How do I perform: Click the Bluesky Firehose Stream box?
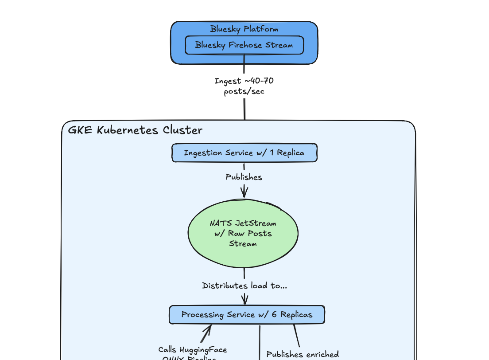[x=244, y=45]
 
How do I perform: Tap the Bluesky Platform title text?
[x=244, y=29]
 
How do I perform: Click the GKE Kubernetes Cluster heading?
[x=135, y=130]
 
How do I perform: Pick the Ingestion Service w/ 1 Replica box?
[x=244, y=153]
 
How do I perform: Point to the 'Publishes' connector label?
[x=244, y=177]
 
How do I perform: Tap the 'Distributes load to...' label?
[x=244, y=286]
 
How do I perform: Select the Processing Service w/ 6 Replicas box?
[x=247, y=315]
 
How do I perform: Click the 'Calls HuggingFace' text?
[x=193, y=350]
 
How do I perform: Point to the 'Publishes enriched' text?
[x=303, y=354]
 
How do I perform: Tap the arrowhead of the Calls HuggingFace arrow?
[x=208, y=329]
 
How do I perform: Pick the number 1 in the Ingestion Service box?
[x=271, y=153]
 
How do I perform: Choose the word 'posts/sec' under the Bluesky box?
[x=244, y=91]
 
